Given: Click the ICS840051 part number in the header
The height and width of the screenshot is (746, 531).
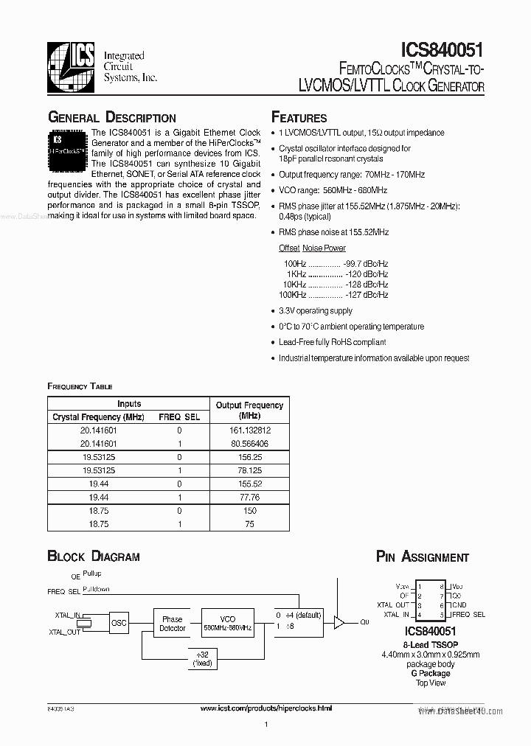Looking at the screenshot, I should pyautogui.click(x=442, y=49).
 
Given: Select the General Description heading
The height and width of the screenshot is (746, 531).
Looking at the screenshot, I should pyautogui.click(x=111, y=118).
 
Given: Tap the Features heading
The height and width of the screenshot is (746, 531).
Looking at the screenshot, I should pyautogui.click(x=299, y=118).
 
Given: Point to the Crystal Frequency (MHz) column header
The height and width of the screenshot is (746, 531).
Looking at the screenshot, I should pyautogui.click(x=98, y=417).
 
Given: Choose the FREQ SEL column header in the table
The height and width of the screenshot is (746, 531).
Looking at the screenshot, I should pyautogui.click(x=179, y=417).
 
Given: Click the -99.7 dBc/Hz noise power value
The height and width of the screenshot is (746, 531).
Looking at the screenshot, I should pyautogui.click(x=366, y=263).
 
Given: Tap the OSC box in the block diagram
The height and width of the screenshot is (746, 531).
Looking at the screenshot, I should pyautogui.click(x=119, y=624).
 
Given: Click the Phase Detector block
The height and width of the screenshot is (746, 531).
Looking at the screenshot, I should pyautogui.click(x=173, y=624).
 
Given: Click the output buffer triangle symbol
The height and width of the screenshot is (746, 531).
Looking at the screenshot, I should pyautogui.click(x=339, y=623).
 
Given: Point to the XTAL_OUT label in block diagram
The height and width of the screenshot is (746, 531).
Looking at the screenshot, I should pyautogui.click(x=64, y=632).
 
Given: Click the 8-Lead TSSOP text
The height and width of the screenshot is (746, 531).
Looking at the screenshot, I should pyautogui.click(x=430, y=644).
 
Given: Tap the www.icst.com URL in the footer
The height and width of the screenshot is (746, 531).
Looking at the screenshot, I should pyautogui.click(x=266, y=708).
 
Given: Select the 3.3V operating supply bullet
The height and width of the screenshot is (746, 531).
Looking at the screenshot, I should pyautogui.click(x=316, y=311).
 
